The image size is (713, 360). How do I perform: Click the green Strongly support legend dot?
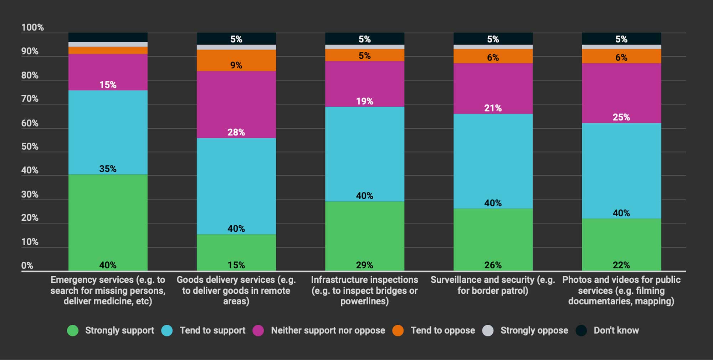[x=73, y=330]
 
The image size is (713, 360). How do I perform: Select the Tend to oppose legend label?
[x=442, y=330]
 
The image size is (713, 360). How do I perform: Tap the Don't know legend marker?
[x=581, y=330]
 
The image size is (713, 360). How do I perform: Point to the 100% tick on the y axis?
[x=32, y=27]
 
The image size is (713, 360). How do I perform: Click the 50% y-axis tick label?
[x=30, y=146]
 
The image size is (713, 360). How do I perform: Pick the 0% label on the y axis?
[x=27, y=266]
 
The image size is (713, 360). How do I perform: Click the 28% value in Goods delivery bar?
[x=236, y=132]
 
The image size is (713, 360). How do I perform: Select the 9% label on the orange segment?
[x=236, y=65]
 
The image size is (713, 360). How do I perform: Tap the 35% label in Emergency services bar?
[x=108, y=169]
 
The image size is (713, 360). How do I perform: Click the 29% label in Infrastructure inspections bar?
[x=364, y=265]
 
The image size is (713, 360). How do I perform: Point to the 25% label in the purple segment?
[x=621, y=117]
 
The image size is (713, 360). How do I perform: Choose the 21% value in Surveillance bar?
[x=493, y=108]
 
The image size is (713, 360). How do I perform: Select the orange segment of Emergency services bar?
[x=108, y=50]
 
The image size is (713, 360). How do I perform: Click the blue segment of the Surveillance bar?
[x=493, y=160]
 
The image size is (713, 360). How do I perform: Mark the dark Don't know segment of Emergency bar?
[x=108, y=37]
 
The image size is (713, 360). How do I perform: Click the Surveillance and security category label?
[x=493, y=285]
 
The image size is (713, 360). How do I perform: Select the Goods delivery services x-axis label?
[x=236, y=290]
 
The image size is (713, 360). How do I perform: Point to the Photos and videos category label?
[x=621, y=290]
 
